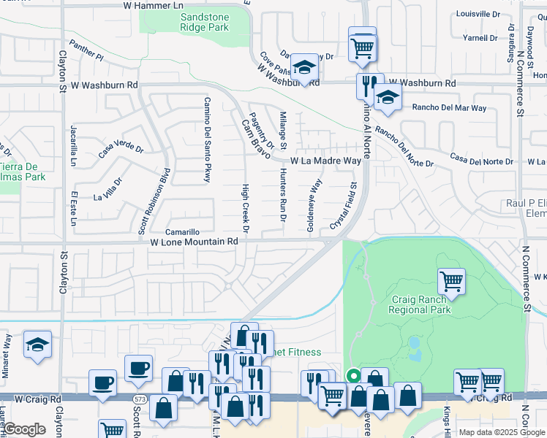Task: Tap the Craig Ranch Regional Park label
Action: pos(420,304)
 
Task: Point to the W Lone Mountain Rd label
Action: pos(195,241)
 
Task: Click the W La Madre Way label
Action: pos(325,161)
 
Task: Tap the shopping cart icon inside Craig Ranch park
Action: pos(451,280)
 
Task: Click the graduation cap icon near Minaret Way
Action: pos(37,345)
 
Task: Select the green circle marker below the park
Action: pos(354,376)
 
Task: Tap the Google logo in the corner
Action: pos(24,429)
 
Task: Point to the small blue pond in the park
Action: pos(415,342)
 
